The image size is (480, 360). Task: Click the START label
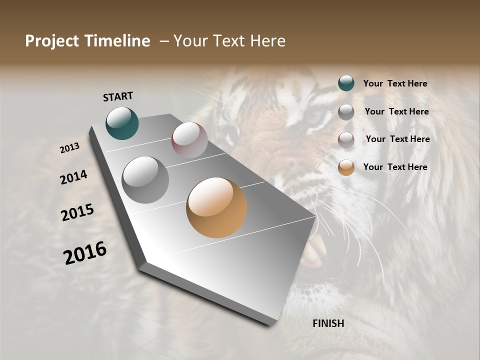(x=118, y=96)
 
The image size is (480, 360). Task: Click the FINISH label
(x=328, y=323)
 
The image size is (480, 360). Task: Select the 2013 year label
(x=69, y=148)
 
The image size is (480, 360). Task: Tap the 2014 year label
(x=73, y=177)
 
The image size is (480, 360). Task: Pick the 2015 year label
(x=77, y=212)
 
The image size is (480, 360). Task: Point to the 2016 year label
(x=85, y=252)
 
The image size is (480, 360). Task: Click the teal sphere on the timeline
(x=122, y=123)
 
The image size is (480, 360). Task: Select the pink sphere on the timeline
(x=189, y=140)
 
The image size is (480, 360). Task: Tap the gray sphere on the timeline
(x=145, y=180)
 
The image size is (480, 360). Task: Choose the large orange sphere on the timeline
(x=216, y=207)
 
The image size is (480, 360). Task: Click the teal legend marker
(x=346, y=83)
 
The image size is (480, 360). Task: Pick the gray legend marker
(x=346, y=112)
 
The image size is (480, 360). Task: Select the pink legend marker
(x=346, y=140)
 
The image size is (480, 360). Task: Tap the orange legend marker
(x=346, y=167)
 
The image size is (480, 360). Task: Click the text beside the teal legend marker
(x=395, y=84)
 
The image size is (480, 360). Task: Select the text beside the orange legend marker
(x=395, y=167)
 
